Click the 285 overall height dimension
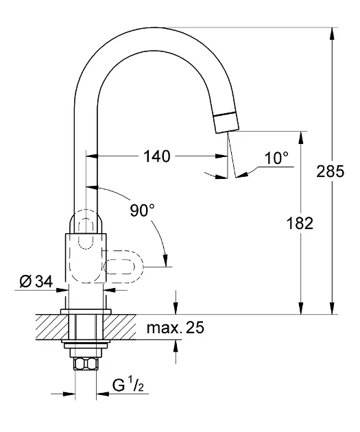tap(330, 171)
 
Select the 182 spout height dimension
tap(300, 223)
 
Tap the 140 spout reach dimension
tap(157, 156)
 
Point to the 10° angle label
tap(276, 158)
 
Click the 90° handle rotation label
tap(143, 211)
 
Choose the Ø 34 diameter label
tap(36, 282)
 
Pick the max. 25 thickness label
tap(176, 328)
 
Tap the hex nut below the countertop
tap(86, 363)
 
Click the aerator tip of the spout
tap(226, 123)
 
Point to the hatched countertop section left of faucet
tap(51, 327)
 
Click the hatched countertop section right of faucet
tap(120, 327)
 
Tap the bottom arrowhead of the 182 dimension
tap(300, 308)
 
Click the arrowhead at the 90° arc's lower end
tap(165, 261)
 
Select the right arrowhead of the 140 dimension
tap(221, 156)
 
